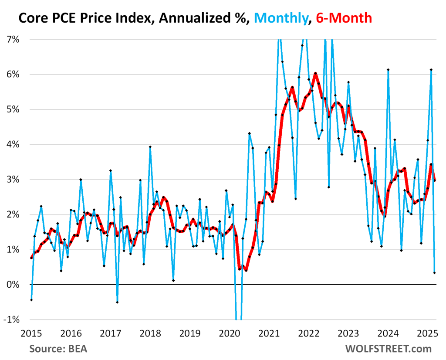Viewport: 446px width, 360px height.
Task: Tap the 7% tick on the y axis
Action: (x=14, y=39)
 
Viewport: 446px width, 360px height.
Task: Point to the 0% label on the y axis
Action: (x=14, y=285)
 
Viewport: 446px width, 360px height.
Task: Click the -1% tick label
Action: (x=13, y=319)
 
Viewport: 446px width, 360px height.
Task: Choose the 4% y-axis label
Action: (x=14, y=144)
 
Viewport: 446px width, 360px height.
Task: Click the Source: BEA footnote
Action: (x=58, y=349)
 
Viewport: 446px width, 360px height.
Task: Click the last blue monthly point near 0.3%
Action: (x=434, y=273)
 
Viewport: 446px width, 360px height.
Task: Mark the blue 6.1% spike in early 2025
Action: (x=431, y=70)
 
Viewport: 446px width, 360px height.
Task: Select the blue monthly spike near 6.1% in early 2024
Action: (x=388, y=70)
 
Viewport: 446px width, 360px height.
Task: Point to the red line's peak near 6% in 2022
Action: (x=315, y=73)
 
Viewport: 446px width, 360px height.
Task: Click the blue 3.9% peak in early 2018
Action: (x=150, y=147)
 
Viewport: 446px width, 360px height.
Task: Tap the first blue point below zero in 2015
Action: (x=31, y=300)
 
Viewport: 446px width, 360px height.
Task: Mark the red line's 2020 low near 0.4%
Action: (x=246, y=270)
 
